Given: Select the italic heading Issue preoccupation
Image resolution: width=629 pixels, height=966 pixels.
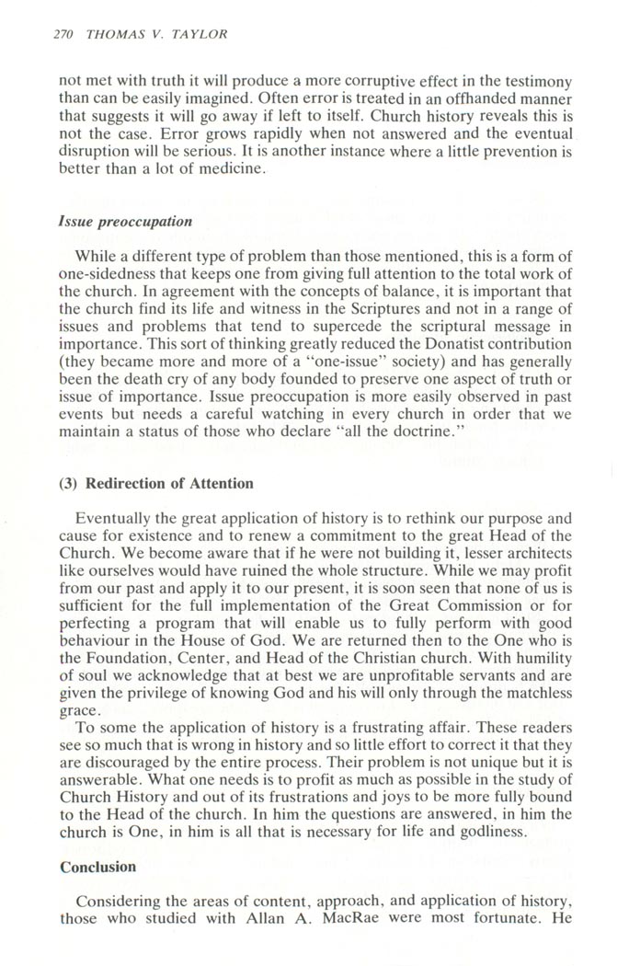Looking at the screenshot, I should coord(125,222).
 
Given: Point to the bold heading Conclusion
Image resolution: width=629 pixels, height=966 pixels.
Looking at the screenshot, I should coord(97,867).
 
